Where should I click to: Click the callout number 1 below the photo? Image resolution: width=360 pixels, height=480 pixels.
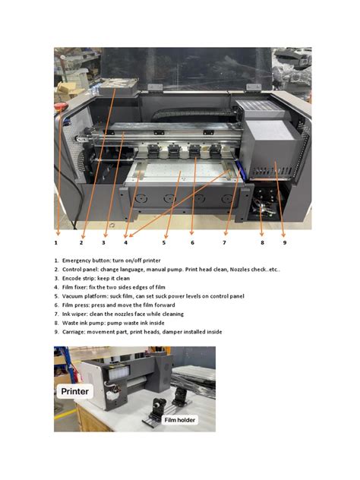56,243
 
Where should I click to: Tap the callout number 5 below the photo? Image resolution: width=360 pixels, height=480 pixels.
163,243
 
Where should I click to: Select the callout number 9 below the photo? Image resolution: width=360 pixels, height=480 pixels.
284,243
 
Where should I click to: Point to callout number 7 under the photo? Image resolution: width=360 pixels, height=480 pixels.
224,243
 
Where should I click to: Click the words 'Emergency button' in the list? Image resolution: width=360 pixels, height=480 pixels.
87,261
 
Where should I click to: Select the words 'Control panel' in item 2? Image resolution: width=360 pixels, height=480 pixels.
81,270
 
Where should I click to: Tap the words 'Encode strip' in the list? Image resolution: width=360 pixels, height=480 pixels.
80,279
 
